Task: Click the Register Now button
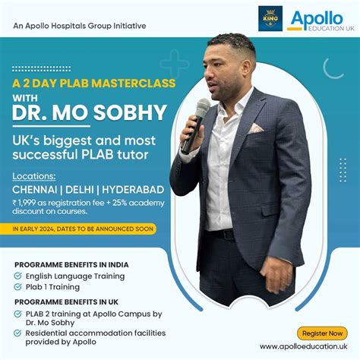[322, 333]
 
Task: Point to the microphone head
[201, 107]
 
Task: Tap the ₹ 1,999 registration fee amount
[30, 198]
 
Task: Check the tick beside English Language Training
[18, 276]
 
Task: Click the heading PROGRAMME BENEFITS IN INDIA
[71, 264]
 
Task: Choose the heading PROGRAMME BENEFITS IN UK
[65, 302]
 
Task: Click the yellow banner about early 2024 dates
[84, 228]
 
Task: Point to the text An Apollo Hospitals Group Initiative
[80, 26]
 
